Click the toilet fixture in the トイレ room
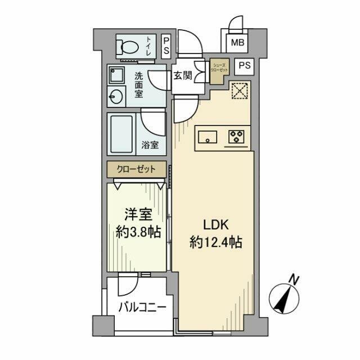[128, 46]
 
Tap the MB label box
[236, 42]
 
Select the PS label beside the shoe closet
[244, 65]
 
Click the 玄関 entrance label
[182, 75]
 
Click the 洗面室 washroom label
[138, 84]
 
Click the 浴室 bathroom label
[150, 145]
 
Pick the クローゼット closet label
[137, 169]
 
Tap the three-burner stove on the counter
[235, 136]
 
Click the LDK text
[214, 224]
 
